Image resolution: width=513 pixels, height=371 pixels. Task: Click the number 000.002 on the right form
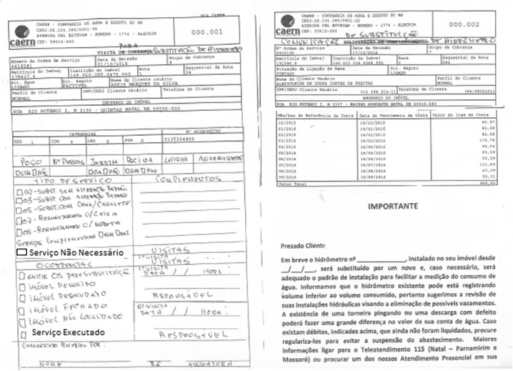(483, 24)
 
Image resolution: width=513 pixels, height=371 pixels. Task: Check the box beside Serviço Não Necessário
(22, 252)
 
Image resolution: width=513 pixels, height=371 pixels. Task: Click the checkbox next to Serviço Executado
(22, 332)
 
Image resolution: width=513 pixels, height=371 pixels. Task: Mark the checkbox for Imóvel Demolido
(22, 284)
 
